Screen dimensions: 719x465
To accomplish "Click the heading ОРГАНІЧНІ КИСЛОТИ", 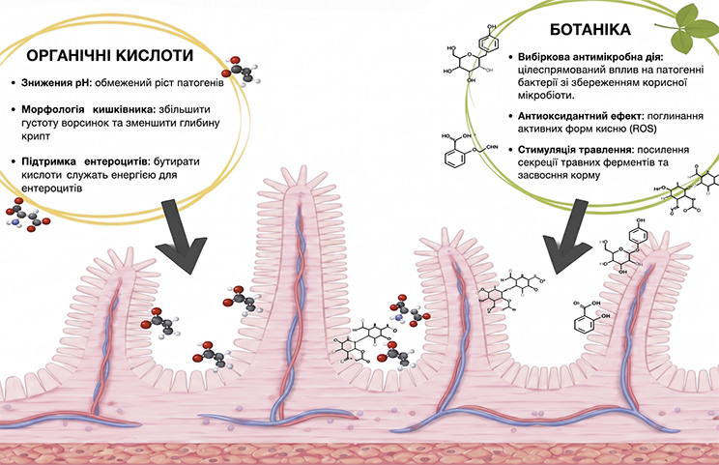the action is [110, 55].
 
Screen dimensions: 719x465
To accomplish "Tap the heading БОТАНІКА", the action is [590, 30].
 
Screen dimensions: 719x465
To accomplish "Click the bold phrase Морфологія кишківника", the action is [86, 109].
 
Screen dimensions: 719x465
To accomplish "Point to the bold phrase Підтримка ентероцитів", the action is [85, 161].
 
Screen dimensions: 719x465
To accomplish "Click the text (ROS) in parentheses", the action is [644, 129].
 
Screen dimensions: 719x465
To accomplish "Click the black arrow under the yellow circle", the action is [180, 237].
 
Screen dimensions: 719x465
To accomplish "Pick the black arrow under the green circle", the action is [568, 237].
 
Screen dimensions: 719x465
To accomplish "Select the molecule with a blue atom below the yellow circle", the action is [27, 215].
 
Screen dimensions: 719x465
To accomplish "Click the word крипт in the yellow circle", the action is [36, 136].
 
